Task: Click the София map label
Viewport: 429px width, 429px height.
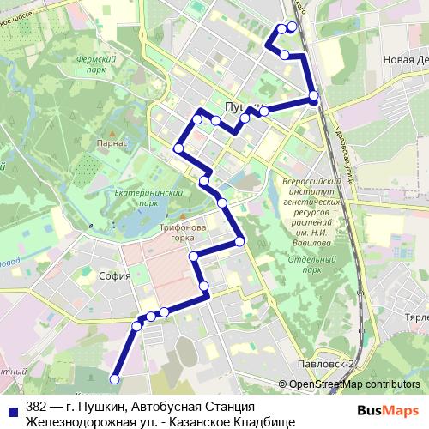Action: [x=114, y=276]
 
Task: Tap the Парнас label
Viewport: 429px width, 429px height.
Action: [x=112, y=144]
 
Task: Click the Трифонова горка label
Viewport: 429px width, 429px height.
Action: [x=182, y=233]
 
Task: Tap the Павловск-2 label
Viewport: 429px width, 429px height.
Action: [x=323, y=364]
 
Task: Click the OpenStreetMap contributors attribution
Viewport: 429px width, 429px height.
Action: [x=354, y=384]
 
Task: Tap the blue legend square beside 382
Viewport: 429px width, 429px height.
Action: [x=12, y=407]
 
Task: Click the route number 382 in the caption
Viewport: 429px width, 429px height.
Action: [x=36, y=406]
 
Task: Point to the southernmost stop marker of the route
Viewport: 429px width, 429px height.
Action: [x=114, y=378]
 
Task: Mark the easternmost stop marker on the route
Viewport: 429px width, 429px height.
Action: [x=314, y=96]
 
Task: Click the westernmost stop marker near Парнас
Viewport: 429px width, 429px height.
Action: [x=179, y=148]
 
